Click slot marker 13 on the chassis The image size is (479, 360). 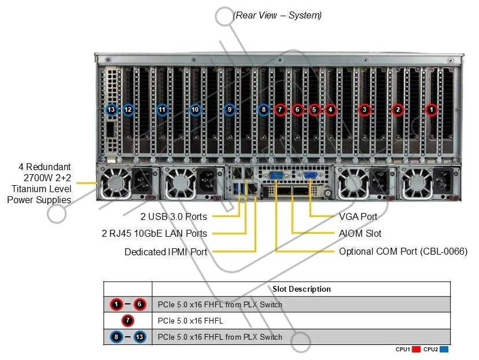[111, 110]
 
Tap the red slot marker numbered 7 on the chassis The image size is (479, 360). [280, 110]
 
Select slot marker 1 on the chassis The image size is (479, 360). [432, 110]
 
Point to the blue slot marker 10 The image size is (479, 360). [195, 110]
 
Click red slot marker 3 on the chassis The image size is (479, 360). [364, 110]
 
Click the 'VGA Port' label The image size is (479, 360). [358, 216]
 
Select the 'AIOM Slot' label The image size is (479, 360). [360, 233]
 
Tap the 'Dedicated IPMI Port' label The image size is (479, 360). [166, 252]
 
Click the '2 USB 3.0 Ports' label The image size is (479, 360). [174, 216]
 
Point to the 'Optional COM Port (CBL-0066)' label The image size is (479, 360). [403, 252]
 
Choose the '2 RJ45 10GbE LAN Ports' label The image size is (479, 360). [154, 233]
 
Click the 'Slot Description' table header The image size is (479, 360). [301, 289]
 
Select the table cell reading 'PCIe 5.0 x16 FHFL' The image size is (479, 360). [190, 321]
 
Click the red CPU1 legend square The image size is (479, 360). [416, 350]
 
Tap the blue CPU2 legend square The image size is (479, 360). [444, 350]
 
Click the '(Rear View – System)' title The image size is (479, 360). [277, 15]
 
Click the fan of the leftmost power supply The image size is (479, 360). [116, 183]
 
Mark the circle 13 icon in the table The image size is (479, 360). [139, 337]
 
